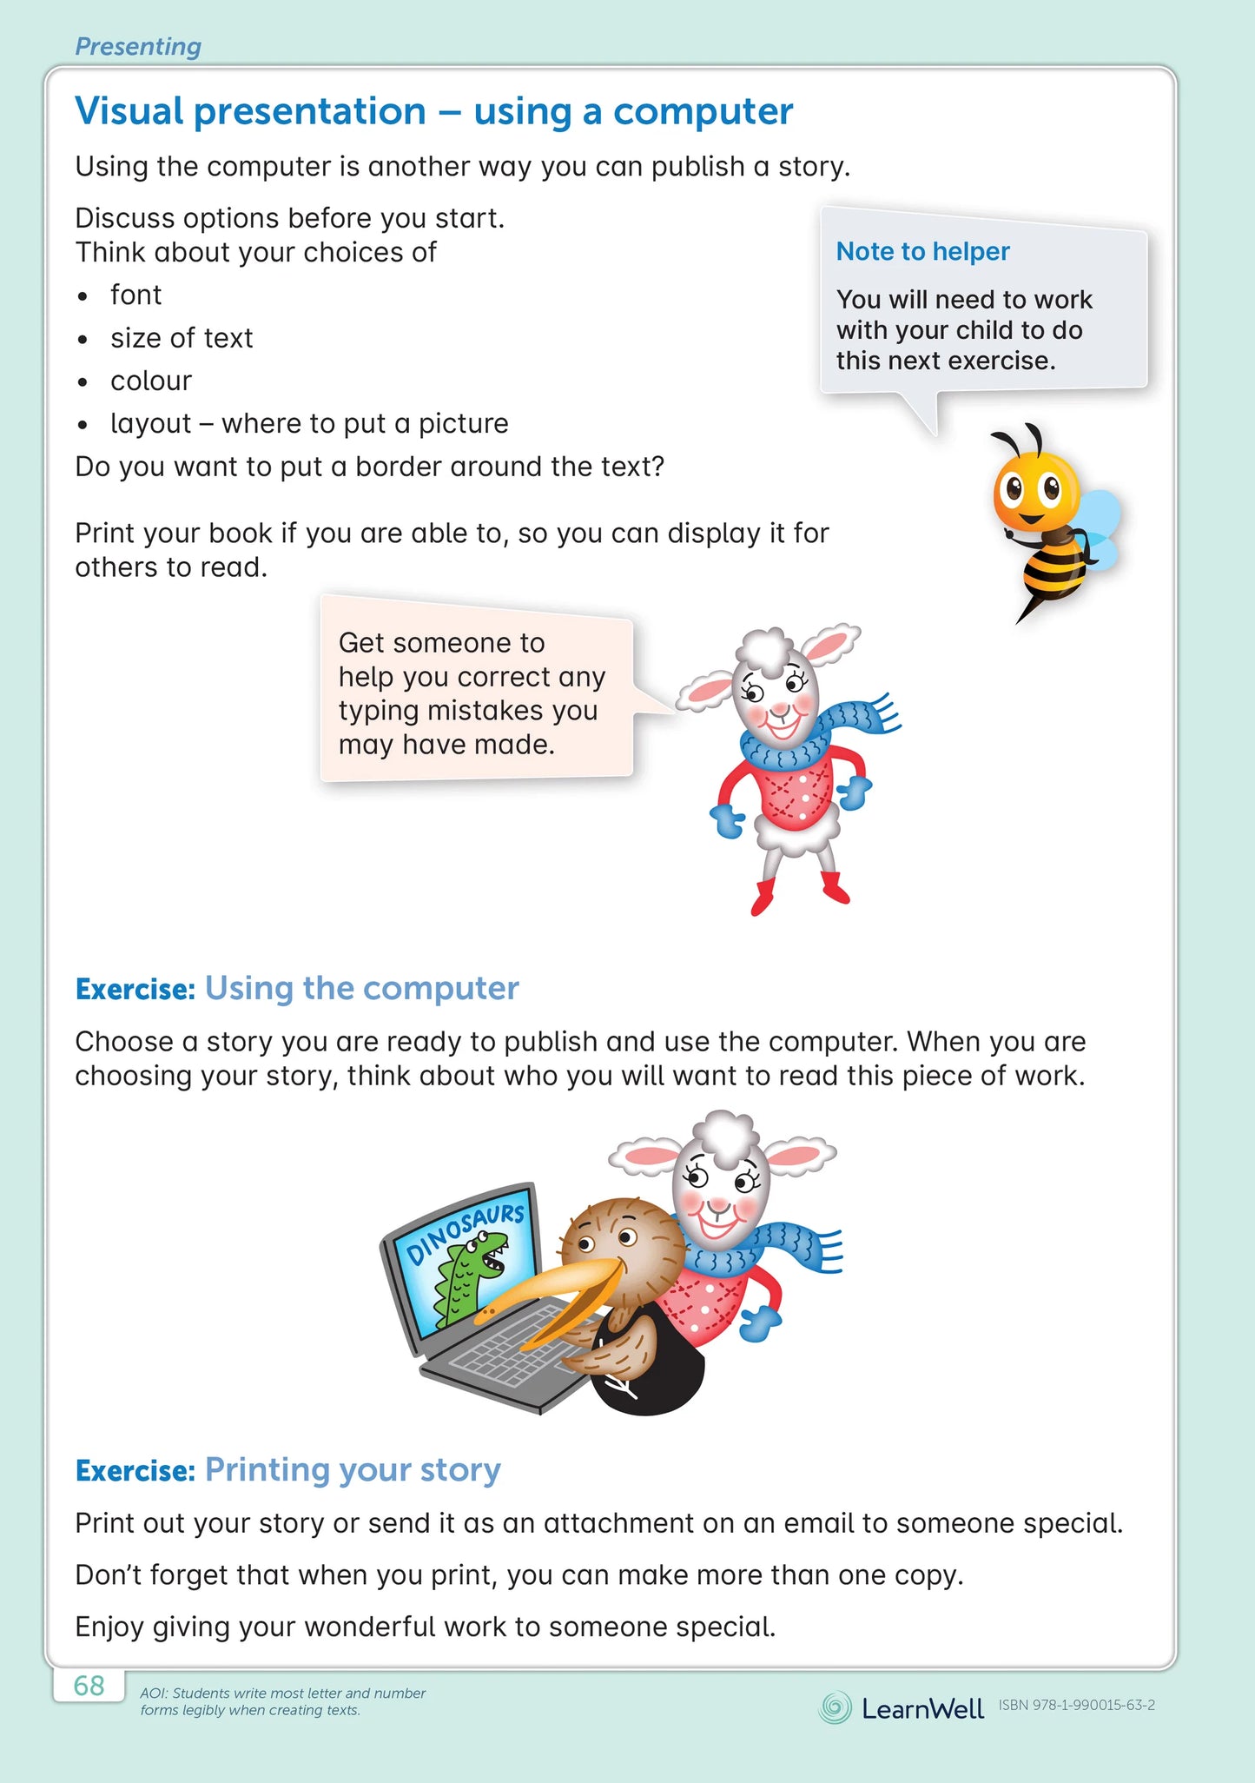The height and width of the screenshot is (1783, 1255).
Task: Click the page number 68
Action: click(89, 1686)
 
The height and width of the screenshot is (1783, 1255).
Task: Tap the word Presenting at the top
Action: click(138, 46)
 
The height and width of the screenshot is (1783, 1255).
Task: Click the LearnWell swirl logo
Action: click(835, 1707)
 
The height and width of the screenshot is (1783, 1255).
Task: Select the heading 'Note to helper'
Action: click(922, 251)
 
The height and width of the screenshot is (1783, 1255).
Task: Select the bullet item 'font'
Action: click(135, 295)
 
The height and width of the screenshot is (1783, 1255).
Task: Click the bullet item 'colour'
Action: click(151, 381)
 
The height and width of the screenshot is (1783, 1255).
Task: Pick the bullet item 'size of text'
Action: click(182, 338)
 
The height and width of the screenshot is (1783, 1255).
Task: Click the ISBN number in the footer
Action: click(1076, 1705)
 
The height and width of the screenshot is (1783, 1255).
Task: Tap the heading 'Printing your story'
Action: click(353, 1469)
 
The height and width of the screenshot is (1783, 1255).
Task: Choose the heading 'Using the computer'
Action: click(361, 988)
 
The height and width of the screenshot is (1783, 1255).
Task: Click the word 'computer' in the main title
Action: click(703, 111)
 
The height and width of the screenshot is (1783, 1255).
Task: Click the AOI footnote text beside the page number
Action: click(282, 1701)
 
